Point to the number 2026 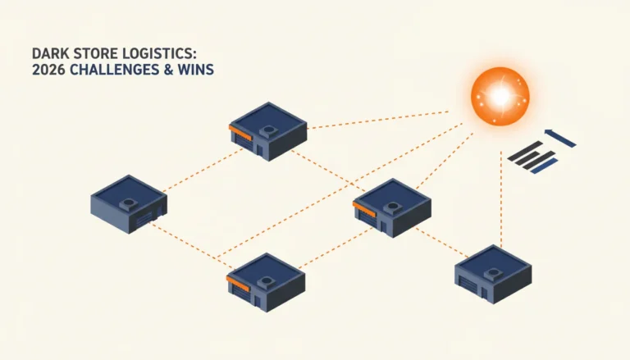(48, 70)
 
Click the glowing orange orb (500, 97)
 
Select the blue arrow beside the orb (560, 138)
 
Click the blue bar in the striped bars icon (545, 166)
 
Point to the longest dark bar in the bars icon (526, 151)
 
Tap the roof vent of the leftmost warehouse (129, 203)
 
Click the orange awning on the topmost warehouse (240, 133)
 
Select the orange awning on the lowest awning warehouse (238, 283)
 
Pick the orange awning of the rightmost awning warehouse (364, 209)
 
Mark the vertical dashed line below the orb (501, 199)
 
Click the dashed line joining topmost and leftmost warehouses (203, 170)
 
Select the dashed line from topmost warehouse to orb (378, 120)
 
